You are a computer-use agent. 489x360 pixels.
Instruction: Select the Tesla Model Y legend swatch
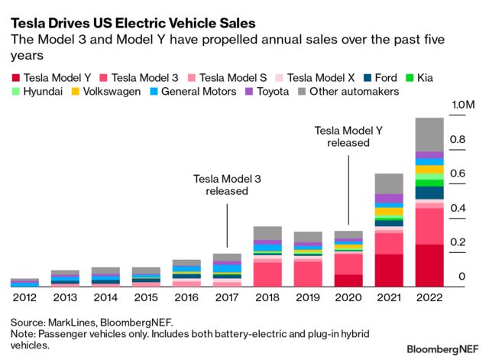(x=15, y=77)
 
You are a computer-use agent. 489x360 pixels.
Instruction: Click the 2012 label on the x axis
(x=25, y=298)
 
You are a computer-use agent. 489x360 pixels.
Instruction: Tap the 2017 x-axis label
(x=227, y=298)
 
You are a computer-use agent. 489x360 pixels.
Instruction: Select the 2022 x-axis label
(x=429, y=298)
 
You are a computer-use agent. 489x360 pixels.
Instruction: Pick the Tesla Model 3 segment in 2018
(x=267, y=272)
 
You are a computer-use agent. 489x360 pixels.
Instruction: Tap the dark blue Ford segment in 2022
(x=429, y=193)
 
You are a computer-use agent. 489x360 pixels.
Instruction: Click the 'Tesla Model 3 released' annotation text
(x=227, y=184)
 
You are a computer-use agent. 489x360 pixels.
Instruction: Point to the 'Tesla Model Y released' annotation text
(x=348, y=137)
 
